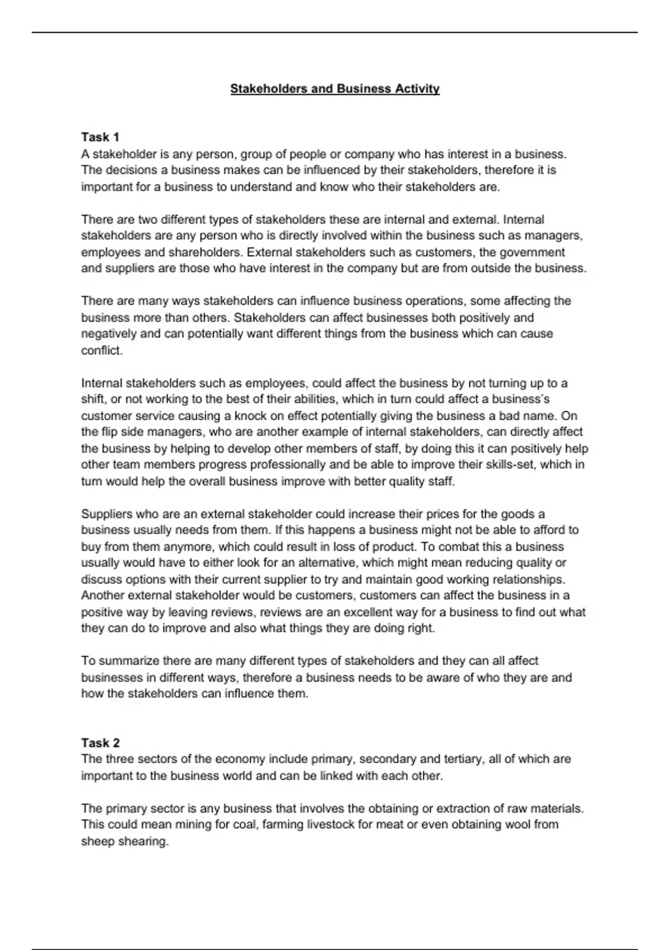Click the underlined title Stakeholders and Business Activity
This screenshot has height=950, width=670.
[x=335, y=89]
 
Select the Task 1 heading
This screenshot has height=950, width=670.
[x=100, y=137]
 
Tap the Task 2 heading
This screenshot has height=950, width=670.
[x=100, y=743]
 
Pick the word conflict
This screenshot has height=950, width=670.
[x=102, y=350]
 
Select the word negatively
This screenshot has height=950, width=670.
[x=108, y=334]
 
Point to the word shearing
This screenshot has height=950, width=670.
[x=143, y=842]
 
